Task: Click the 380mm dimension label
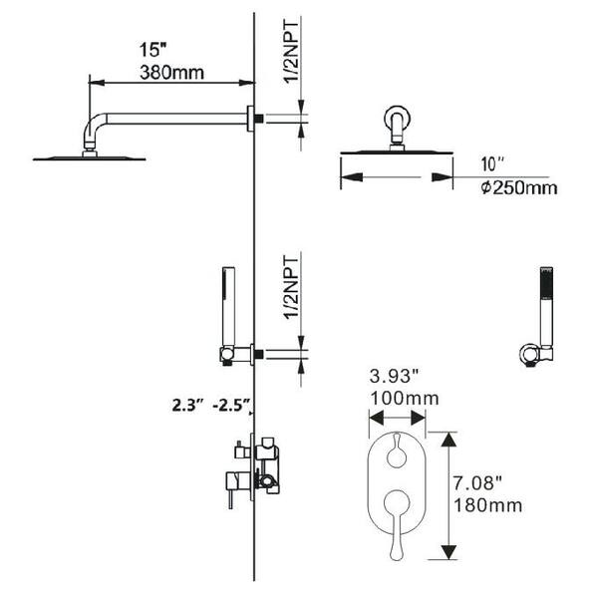click(171, 73)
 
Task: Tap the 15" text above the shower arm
click(152, 50)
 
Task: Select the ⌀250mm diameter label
click(519, 187)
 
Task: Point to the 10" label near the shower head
click(492, 164)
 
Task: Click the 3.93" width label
click(395, 377)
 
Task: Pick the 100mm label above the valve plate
click(405, 399)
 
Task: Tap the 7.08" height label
click(477, 483)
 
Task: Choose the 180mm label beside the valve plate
click(487, 505)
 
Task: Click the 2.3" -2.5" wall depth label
click(211, 405)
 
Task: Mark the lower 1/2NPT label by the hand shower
click(292, 288)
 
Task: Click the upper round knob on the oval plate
click(397, 453)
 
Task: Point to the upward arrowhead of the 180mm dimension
click(448, 440)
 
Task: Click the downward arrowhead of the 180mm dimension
click(448, 552)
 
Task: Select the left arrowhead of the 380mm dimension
click(97, 83)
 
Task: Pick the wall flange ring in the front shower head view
click(398, 118)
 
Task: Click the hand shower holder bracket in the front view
click(530, 355)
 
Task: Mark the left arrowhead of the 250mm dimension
click(352, 177)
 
